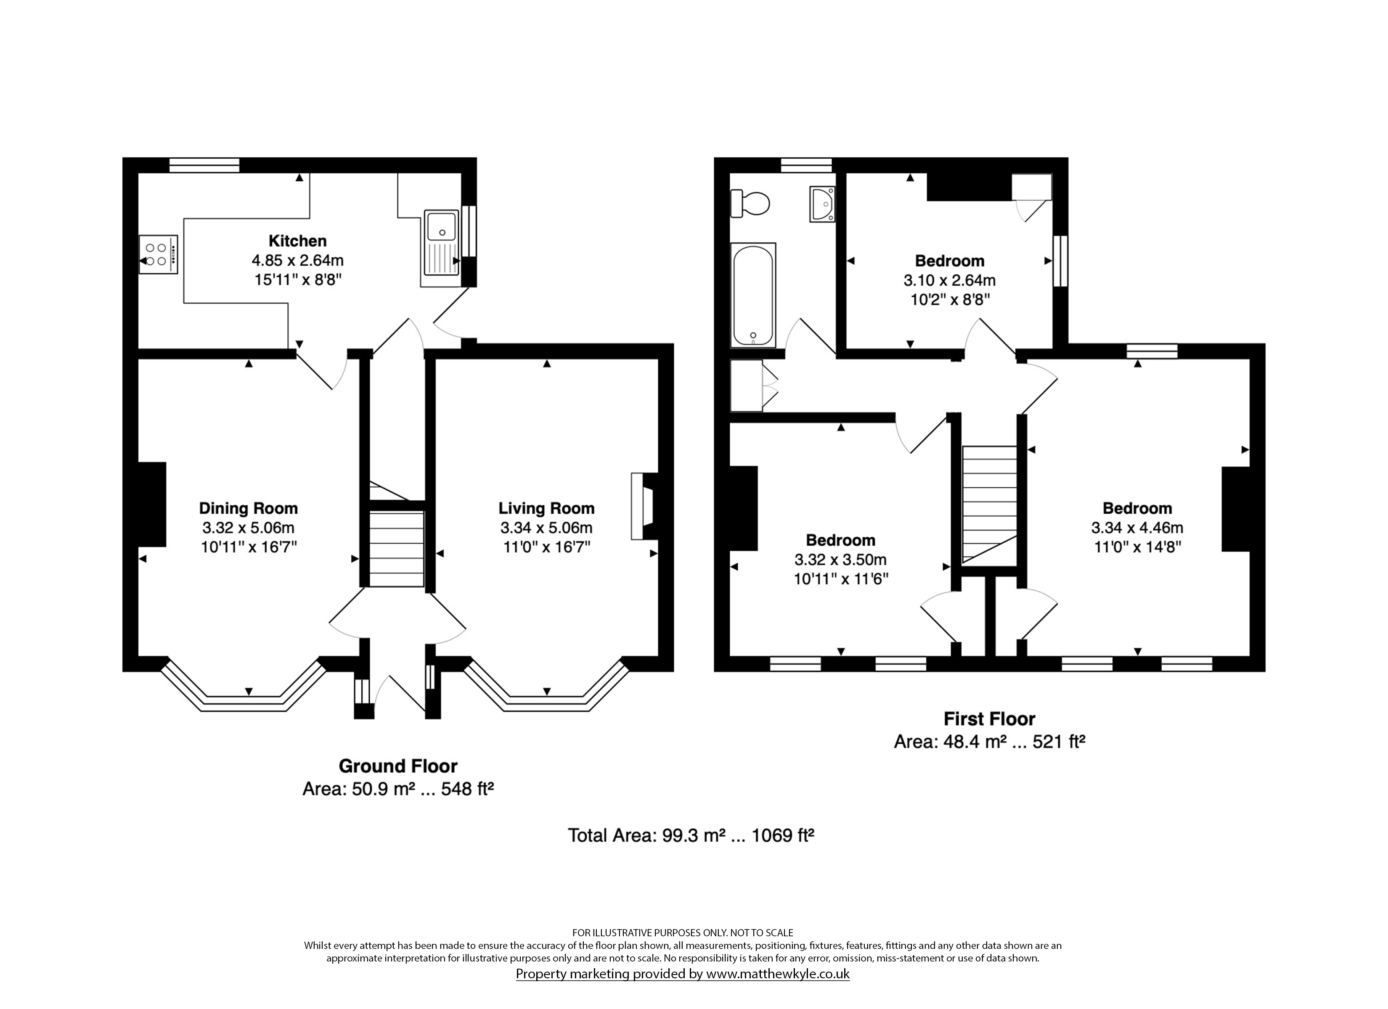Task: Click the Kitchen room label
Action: click(297, 240)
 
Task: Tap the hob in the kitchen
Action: click(158, 254)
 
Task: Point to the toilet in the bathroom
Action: click(750, 203)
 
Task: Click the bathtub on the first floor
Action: click(753, 296)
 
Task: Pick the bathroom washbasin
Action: click(822, 204)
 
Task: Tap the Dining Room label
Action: click(249, 508)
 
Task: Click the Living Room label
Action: click(546, 508)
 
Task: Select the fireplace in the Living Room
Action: click(644, 506)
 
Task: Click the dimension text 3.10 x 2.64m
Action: click(949, 281)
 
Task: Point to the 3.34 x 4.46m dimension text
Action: click(1137, 528)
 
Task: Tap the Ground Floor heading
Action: click(398, 766)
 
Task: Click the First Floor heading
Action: click(990, 718)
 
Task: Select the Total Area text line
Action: click(691, 835)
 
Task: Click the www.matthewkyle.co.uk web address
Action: click(778, 974)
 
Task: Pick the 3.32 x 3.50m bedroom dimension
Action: click(840, 559)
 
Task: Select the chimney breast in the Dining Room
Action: click(152, 504)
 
